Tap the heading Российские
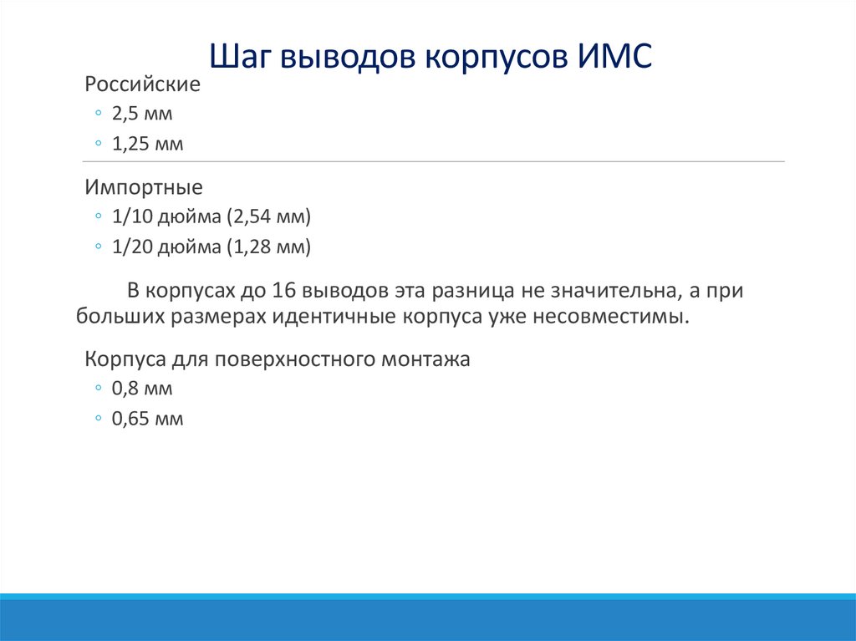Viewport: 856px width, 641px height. click(142, 84)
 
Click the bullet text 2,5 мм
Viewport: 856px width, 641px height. click(142, 114)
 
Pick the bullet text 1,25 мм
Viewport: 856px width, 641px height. click(148, 144)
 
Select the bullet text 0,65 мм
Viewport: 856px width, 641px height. click(148, 419)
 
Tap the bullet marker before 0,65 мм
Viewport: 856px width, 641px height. click(99, 419)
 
